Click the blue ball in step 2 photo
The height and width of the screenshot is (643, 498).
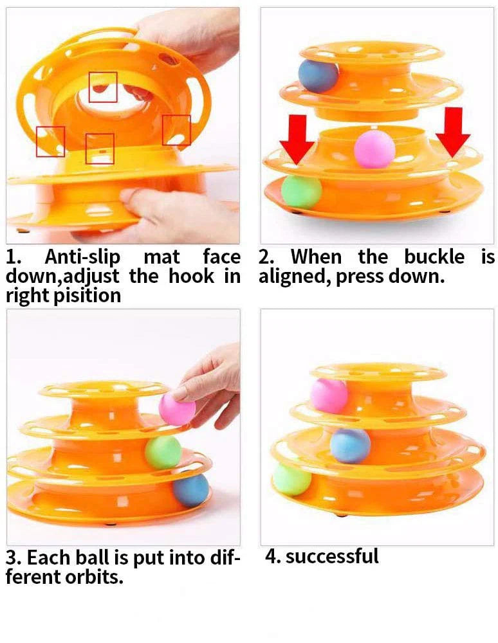318,76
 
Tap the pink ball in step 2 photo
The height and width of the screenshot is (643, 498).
374,149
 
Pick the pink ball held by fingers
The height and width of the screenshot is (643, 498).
176,409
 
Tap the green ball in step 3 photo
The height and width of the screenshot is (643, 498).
163,452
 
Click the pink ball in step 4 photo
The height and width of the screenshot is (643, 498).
329,395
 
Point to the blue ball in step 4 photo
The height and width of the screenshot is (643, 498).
350,445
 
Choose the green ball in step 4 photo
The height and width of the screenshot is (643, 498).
291,479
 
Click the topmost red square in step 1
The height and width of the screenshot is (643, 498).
103,87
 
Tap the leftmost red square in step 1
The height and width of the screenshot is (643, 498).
50,141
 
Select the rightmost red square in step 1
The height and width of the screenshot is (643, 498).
176,130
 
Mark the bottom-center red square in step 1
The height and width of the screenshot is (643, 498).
100,149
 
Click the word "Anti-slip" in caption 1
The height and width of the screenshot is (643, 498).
82,258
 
